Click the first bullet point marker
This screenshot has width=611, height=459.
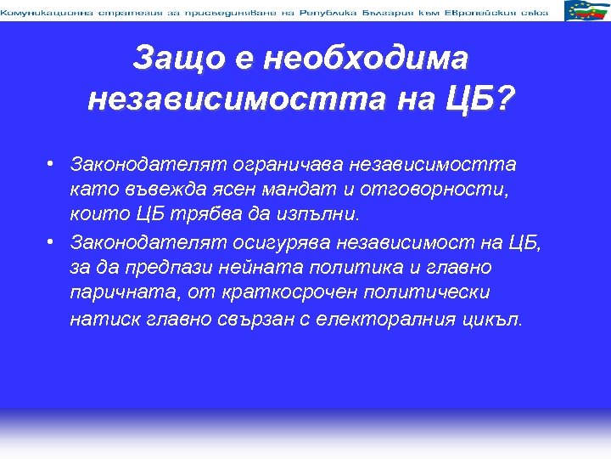52,162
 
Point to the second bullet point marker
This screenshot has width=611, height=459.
52,241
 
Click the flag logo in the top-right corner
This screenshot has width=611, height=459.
586,11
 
